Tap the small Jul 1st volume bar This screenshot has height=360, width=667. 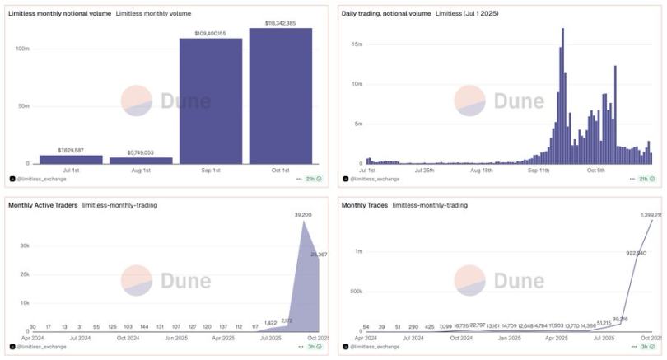(x=71, y=159)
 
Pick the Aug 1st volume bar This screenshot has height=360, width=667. (x=141, y=160)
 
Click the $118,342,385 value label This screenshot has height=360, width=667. (x=280, y=23)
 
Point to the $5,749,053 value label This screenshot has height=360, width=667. (x=141, y=152)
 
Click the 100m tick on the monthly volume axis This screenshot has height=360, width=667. (x=22, y=49)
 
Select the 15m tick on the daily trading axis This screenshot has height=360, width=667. (x=356, y=44)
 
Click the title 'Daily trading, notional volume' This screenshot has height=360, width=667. (x=385, y=14)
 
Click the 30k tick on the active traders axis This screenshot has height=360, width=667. (x=25, y=245)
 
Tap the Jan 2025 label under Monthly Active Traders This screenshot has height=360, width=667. (x=175, y=337)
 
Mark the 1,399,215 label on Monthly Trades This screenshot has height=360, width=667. (x=651, y=214)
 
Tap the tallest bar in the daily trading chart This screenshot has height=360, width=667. (x=562, y=95)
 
